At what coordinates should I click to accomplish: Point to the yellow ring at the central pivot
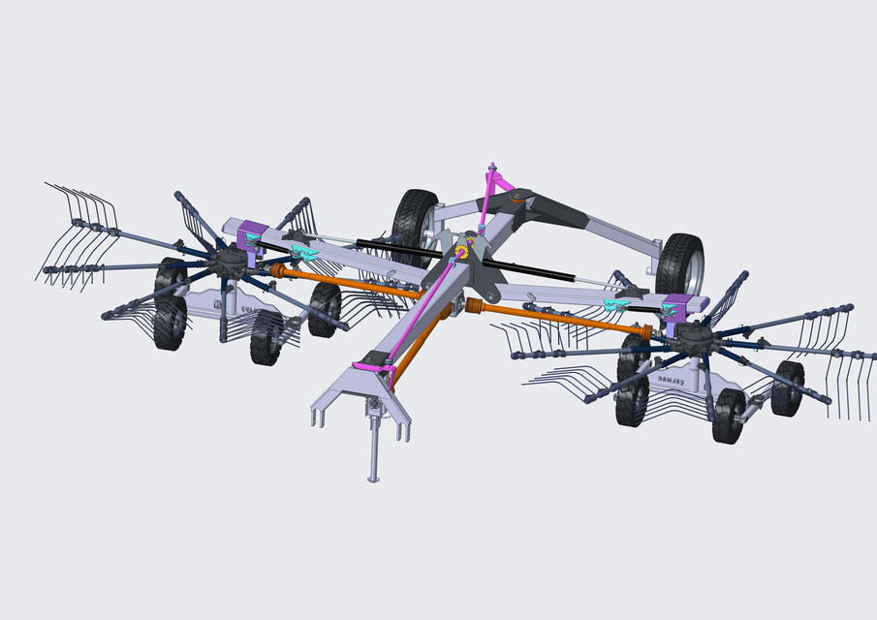click(462, 253)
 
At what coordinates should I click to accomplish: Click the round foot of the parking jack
click(373, 477)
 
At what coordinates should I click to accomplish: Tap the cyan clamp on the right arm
click(616, 306)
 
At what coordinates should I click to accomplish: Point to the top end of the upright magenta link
click(493, 167)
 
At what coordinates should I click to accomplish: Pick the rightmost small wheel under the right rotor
click(787, 387)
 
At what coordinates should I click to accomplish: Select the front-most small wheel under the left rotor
click(266, 337)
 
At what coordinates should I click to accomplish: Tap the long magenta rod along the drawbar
click(422, 310)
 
